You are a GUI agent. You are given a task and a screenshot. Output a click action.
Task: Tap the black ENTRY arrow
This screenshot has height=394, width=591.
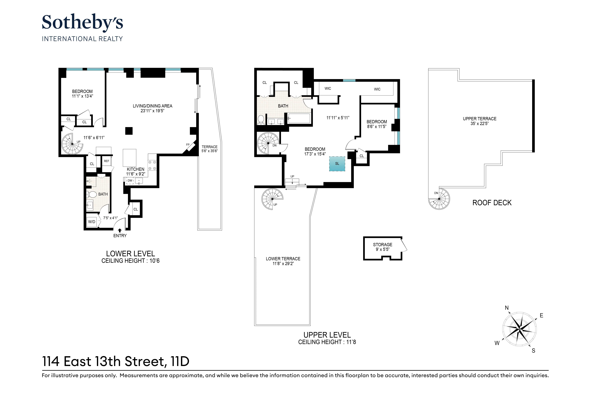tap(120, 230)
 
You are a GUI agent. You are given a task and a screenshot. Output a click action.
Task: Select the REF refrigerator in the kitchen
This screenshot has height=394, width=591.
tap(106, 161)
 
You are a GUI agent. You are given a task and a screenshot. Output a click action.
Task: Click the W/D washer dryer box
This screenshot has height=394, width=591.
tap(92, 222)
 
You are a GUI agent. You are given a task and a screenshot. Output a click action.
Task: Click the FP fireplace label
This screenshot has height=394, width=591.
tap(188, 145)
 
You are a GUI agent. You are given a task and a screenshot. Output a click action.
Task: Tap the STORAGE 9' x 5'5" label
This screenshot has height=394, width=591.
tap(382, 247)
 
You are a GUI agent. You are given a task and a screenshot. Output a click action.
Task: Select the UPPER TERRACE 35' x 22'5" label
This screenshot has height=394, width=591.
tap(479, 121)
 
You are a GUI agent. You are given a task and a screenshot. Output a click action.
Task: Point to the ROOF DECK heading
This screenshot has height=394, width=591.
tap(492, 203)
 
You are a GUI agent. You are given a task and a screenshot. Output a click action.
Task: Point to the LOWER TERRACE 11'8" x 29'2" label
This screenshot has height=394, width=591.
tap(283, 261)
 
